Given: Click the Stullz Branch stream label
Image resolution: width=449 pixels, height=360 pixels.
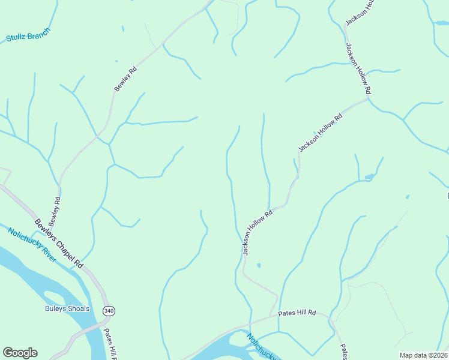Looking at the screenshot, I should (x=28, y=35).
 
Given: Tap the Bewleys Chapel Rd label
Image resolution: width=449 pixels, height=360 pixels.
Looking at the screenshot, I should (x=59, y=243).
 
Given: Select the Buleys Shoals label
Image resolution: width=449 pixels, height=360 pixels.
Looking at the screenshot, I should (x=67, y=309).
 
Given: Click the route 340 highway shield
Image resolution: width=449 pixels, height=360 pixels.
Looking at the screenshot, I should (x=109, y=311).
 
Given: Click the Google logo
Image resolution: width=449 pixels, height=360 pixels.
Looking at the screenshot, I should (x=20, y=353).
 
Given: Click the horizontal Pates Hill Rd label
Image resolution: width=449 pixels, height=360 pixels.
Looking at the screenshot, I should (x=297, y=313).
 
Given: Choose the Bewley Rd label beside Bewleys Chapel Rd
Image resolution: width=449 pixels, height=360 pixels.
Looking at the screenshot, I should (x=55, y=212).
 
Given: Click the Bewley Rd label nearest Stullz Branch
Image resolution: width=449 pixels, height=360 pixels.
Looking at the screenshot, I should (x=125, y=79).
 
